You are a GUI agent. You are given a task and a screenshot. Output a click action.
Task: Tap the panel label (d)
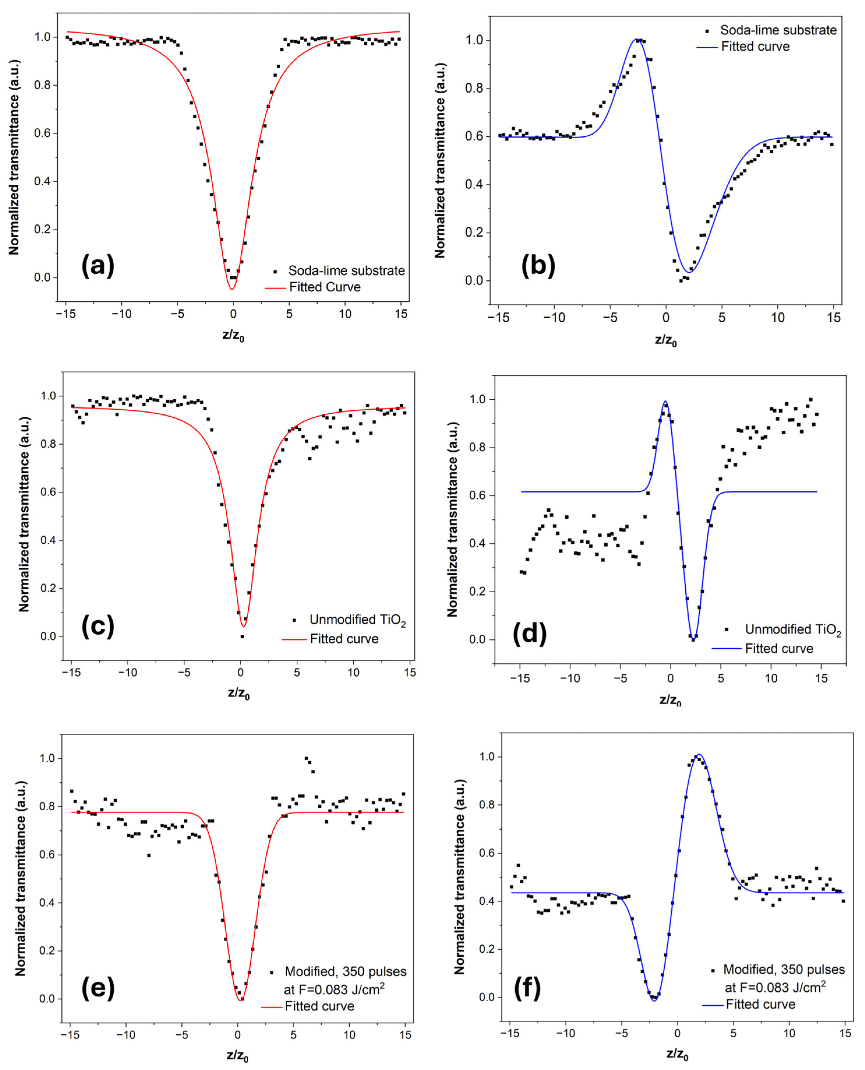530,634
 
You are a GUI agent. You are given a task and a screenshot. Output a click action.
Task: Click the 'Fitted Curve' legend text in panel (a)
325,287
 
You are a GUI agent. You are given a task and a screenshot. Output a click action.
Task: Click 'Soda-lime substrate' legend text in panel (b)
778,30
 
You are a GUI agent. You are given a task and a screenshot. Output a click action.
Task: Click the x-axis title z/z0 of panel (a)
233,336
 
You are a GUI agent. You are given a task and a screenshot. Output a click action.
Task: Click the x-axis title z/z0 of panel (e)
238,1055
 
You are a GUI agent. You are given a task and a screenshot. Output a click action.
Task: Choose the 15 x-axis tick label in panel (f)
845,1033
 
